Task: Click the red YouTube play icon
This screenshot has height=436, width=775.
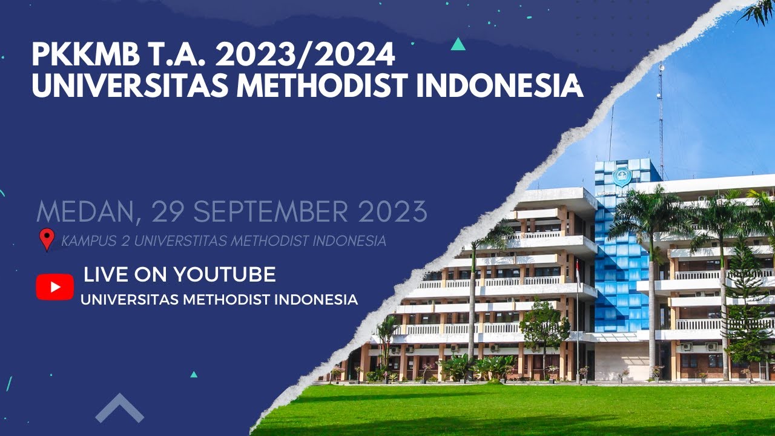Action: click(x=54, y=287)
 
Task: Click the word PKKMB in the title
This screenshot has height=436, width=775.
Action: click(x=75, y=56)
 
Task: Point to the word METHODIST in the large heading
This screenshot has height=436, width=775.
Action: click(x=322, y=86)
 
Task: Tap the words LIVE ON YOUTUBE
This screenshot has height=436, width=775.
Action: click(x=180, y=274)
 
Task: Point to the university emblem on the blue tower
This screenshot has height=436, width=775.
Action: click(x=622, y=176)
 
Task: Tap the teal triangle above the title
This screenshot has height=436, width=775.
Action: click(x=458, y=44)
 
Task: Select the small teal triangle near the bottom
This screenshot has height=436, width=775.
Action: click(x=194, y=374)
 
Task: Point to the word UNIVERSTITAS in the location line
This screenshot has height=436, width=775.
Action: click(x=180, y=241)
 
